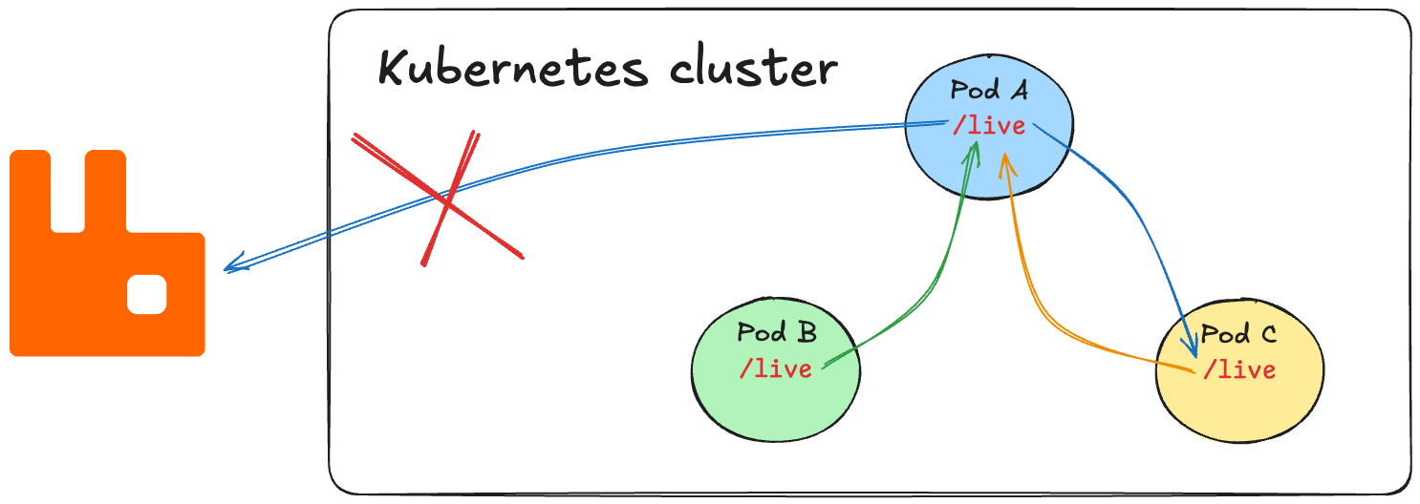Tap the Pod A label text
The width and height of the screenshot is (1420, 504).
click(989, 91)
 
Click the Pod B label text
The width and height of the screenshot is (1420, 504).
click(776, 333)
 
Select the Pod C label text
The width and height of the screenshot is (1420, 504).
click(1238, 335)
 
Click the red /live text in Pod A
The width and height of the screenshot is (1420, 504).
click(989, 125)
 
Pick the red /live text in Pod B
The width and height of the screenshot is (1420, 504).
click(775, 368)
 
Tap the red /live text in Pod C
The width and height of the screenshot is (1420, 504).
click(1239, 369)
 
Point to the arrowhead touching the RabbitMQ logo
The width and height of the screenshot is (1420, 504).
click(232, 266)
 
